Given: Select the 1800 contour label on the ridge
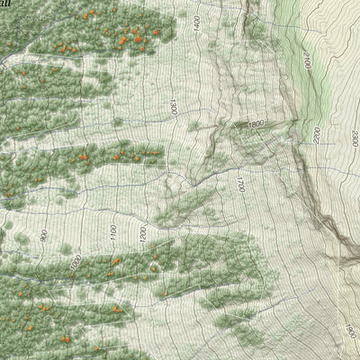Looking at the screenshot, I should (x=256, y=124).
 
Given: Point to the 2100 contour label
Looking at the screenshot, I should (x=307, y=64).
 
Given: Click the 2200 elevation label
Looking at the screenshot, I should (x=317, y=135).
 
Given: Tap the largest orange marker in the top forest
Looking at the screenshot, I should (x=137, y=39).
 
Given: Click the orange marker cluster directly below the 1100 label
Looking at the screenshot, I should (x=114, y=262).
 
